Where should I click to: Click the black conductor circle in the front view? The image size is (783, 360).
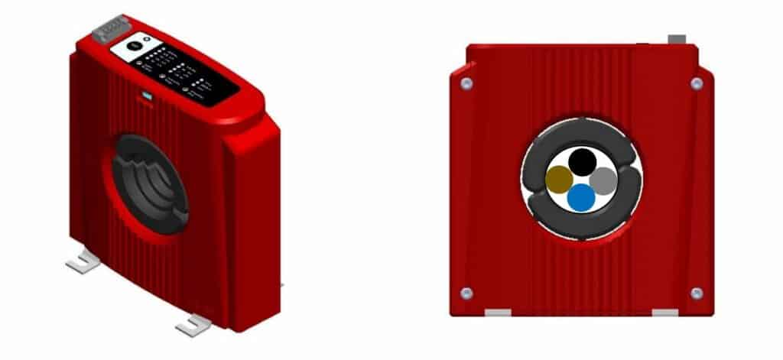[x=583, y=161]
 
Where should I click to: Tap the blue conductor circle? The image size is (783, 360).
[x=582, y=197]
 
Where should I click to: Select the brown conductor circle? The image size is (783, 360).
[x=560, y=180]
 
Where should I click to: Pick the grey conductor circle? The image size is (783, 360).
[x=603, y=180]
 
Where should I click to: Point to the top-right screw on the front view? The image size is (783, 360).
[x=696, y=83]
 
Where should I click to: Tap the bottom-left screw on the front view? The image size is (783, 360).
[x=466, y=293]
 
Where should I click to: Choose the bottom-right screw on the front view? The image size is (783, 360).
[x=696, y=293]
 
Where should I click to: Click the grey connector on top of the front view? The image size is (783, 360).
[x=677, y=38]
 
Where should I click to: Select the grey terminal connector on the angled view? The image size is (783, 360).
[x=110, y=29]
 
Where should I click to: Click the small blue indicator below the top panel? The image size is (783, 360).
[x=145, y=98]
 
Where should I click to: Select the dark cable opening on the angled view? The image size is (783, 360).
[x=149, y=183]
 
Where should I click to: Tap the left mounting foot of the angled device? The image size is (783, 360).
[x=83, y=264]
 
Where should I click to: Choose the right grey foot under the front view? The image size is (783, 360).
[x=664, y=313]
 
